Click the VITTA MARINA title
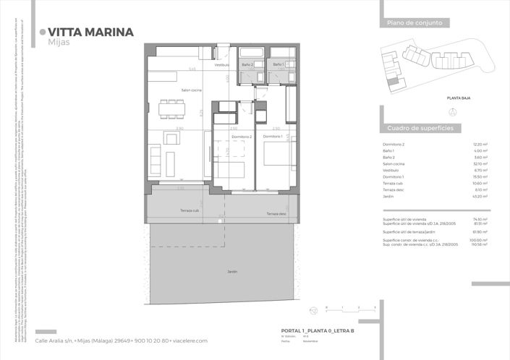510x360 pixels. tap(90, 32)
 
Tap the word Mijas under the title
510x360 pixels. tap(59, 43)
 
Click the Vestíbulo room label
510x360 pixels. tap(221, 65)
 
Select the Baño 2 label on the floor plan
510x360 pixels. tap(247, 65)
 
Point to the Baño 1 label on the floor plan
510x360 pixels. tap(278, 65)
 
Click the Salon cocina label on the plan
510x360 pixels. tap(171, 90)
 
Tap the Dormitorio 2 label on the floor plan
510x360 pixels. tap(242, 136)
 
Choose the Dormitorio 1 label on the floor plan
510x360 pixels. tap(272, 136)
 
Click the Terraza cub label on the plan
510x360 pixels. tap(190, 210)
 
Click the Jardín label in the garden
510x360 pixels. tap(232, 273)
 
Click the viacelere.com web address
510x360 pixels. tap(188, 340)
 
